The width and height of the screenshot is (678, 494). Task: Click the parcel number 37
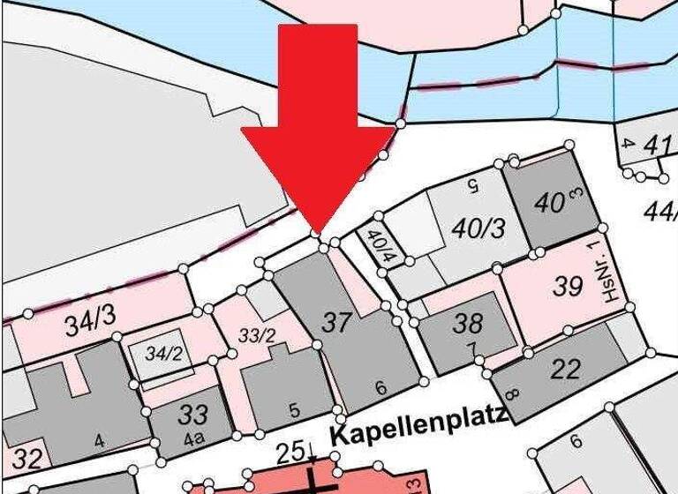336,323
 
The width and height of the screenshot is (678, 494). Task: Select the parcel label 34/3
87,326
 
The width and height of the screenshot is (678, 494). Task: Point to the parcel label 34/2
162,356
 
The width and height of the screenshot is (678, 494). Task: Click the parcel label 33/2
258,334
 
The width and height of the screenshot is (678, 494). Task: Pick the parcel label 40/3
478,228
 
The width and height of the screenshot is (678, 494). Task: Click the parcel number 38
467,323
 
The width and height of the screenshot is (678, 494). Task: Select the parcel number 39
568,286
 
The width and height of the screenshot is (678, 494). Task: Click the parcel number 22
564,368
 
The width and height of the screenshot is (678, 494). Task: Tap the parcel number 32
26,459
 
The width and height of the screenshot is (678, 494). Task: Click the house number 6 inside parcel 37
381,387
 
